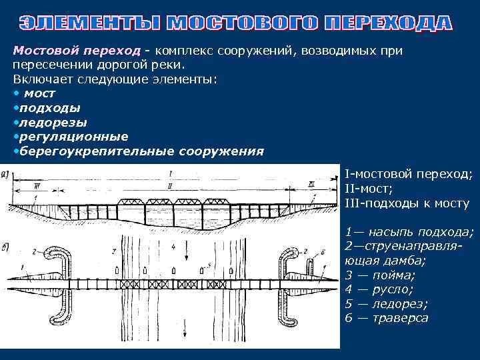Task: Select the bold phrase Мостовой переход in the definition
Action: (x=77, y=51)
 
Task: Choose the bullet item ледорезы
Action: (x=53, y=123)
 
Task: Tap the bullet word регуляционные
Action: (x=74, y=137)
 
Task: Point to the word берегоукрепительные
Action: (x=97, y=151)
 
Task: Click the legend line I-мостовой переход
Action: (x=408, y=174)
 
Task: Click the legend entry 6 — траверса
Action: (x=387, y=318)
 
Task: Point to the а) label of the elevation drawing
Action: (x=5, y=175)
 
